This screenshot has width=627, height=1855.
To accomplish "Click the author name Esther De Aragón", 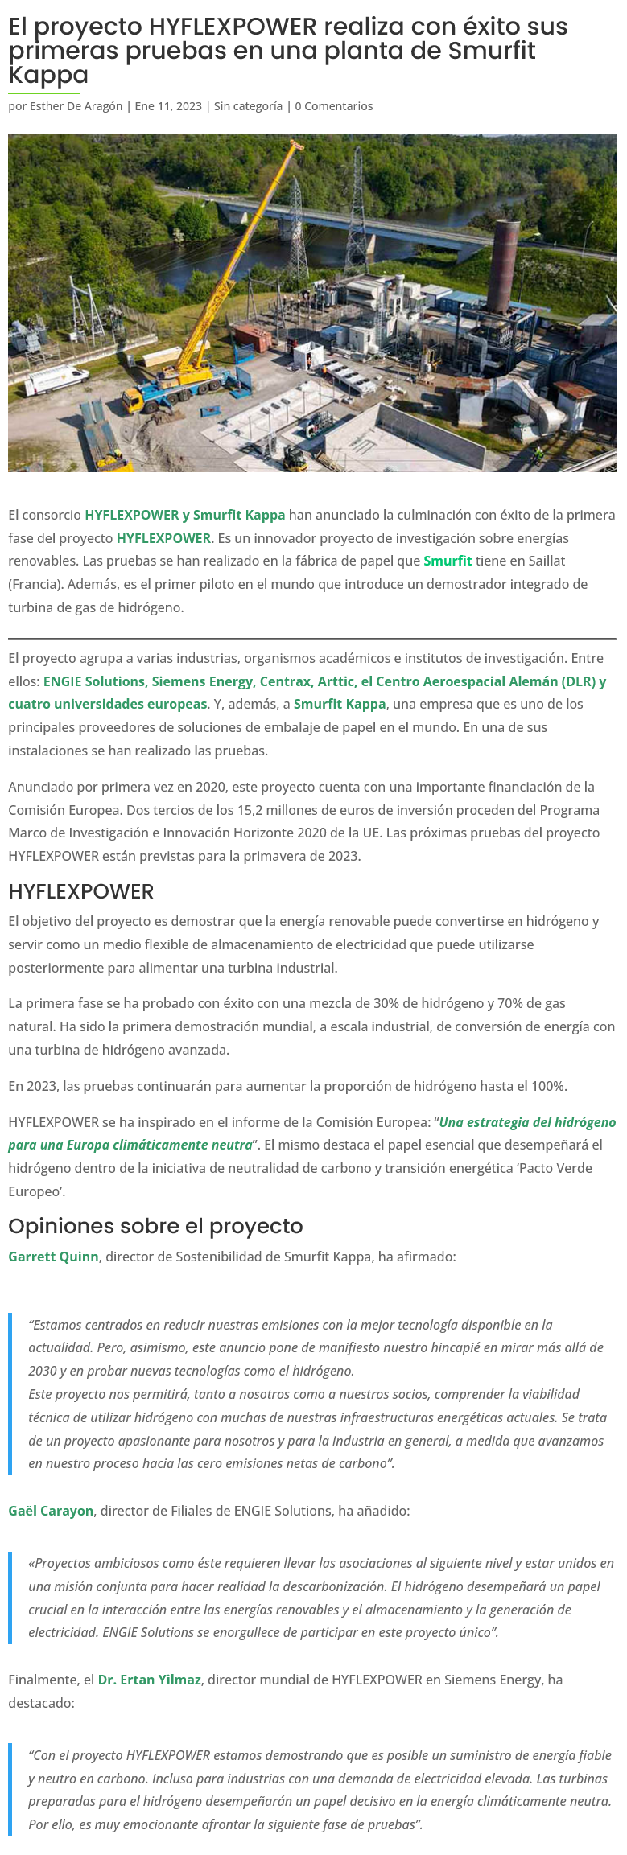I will point(76,106).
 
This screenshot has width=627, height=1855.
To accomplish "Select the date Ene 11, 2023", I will point(168,106).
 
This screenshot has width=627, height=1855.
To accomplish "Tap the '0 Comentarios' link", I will point(333,106).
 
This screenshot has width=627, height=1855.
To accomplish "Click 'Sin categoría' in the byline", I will point(248,106).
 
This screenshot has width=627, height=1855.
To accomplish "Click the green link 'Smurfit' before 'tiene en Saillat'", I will point(448,561).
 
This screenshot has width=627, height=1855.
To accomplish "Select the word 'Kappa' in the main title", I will point(48,75).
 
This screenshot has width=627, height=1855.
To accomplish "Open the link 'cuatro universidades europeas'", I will point(108,704).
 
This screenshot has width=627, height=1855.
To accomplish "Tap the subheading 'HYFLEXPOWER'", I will point(80,891).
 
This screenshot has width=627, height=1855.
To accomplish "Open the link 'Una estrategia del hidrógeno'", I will point(527,1122).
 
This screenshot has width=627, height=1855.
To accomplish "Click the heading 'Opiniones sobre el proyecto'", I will point(155,1226).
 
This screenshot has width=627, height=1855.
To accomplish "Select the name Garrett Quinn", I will point(53,1257).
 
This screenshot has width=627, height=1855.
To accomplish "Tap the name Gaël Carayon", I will point(51,1511).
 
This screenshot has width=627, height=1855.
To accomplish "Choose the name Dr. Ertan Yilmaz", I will point(149,1680).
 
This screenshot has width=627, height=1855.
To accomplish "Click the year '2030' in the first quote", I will point(43,1371).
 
